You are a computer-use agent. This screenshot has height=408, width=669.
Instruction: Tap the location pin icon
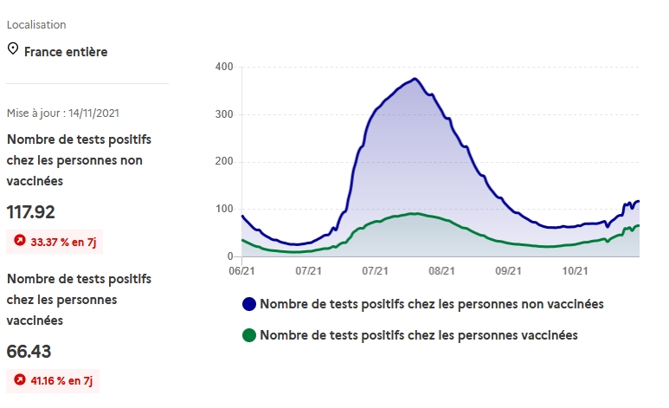click(x=13, y=49)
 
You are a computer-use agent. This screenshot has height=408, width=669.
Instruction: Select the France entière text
click(x=66, y=52)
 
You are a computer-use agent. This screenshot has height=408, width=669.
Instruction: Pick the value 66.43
click(x=30, y=351)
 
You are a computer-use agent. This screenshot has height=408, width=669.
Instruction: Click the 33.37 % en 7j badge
click(x=55, y=242)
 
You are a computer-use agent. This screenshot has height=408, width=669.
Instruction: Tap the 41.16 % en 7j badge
click(x=54, y=380)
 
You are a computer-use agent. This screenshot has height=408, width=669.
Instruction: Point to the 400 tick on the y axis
click(x=224, y=68)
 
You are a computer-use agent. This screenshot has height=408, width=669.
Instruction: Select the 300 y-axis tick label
click(x=224, y=115)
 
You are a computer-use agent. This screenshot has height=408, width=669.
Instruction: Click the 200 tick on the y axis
click(x=224, y=162)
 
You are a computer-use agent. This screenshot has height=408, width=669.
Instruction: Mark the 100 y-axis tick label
click(x=224, y=210)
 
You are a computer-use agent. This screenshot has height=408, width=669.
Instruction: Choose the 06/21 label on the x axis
click(x=241, y=271)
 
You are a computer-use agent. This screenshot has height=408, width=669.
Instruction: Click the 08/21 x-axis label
click(x=441, y=271)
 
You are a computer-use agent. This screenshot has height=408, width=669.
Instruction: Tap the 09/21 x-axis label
click(x=509, y=271)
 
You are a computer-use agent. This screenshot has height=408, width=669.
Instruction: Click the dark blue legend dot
click(x=249, y=304)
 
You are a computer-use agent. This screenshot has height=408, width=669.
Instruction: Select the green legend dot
click(x=249, y=334)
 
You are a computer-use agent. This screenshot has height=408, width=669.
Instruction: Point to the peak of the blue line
click(x=415, y=79)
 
